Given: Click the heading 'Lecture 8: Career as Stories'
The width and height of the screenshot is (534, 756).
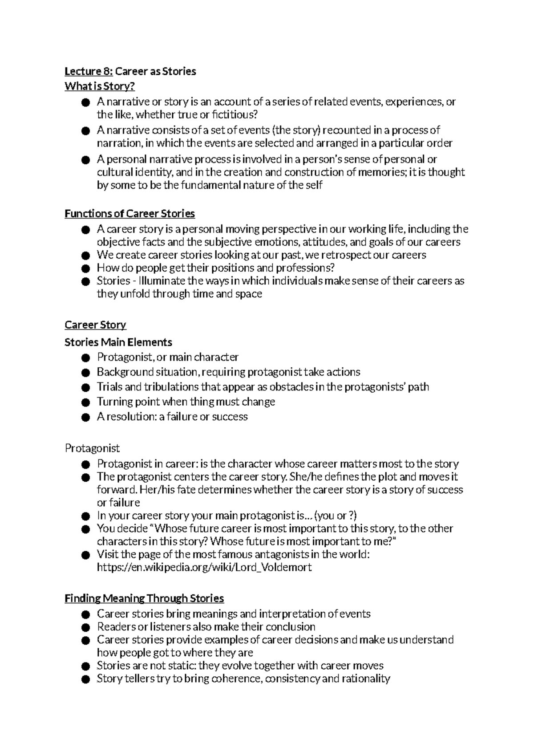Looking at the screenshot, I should click(130, 71).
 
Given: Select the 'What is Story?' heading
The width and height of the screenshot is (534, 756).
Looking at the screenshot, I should click(99, 86).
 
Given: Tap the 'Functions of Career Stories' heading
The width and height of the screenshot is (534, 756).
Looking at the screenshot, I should click(129, 214).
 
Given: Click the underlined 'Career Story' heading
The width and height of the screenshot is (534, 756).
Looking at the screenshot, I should click(95, 325).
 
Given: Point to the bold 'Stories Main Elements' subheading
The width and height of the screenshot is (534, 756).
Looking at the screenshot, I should click(118, 342).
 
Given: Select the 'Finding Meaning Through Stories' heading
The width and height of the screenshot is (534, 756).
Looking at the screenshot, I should click(144, 598).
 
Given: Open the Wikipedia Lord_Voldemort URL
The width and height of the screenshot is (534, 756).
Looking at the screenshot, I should click(204, 567).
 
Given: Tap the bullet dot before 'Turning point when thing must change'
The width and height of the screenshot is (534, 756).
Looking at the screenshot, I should click(86, 402).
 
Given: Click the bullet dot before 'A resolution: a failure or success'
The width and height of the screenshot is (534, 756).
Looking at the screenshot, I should click(86, 417).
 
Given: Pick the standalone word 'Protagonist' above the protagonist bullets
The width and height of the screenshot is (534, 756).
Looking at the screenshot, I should click(92, 448).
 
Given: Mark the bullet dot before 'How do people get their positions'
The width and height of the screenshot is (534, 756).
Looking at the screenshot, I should click(86, 268).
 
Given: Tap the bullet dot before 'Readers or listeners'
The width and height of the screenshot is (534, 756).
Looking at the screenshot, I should click(86, 627).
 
